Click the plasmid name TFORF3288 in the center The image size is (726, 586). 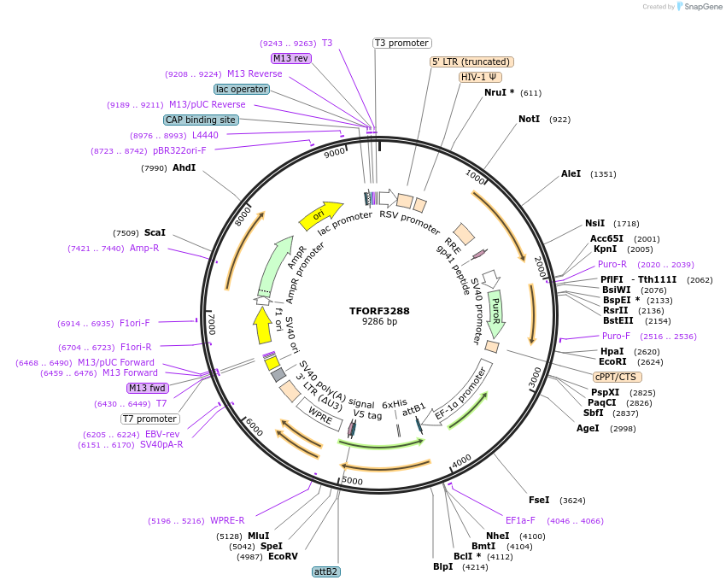pos(379,311)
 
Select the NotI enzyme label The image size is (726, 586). pos(529,119)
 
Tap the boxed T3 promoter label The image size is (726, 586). pos(402,43)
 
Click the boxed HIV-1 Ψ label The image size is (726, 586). pos(480,77)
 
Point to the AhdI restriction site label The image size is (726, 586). pos(184,167)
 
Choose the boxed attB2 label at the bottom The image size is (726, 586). pos(326,571)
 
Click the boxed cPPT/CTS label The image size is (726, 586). pos(617,377)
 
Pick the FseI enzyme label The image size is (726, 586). pos(539,500)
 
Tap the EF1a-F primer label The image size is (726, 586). pos(520,520)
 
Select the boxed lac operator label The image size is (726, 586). pos(242,89)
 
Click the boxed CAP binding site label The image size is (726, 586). pos(201,120)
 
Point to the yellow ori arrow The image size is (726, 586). pos(319,216)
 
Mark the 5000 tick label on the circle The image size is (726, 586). pos(352,482)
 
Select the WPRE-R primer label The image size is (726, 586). pos(227,520)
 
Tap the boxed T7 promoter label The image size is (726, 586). pos(149,419)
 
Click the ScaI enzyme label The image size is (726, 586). pos(155,232)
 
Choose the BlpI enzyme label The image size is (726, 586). pos(442,566)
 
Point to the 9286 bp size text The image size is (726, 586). pos(379,322)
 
